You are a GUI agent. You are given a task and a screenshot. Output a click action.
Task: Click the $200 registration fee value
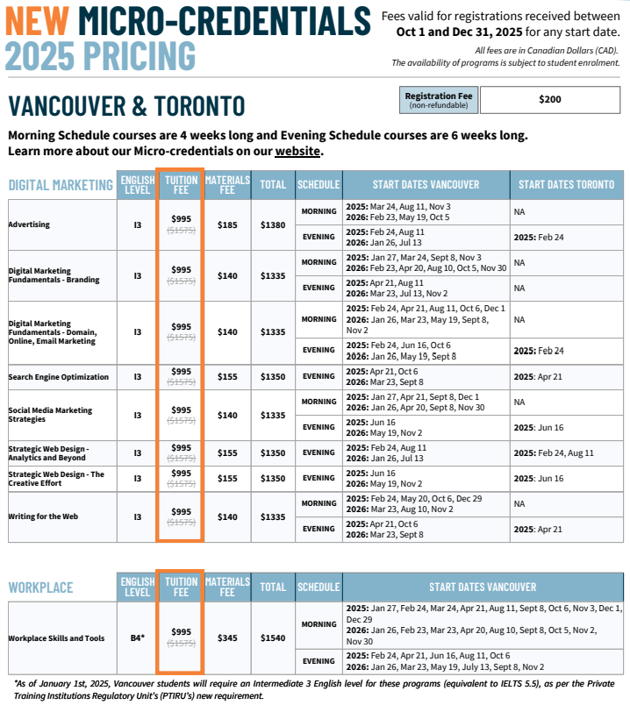click(549, 100)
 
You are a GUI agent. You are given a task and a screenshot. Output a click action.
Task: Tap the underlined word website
click(297, 151)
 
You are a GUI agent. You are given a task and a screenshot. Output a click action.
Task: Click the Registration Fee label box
click(438, 100)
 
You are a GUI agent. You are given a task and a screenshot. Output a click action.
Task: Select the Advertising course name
click(29, 224)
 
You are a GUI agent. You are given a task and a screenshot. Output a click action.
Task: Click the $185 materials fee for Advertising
click(227, 224)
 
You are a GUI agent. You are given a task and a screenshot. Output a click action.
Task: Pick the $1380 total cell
click(273, 224)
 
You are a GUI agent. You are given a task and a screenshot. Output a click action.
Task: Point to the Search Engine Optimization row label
click(59, 377)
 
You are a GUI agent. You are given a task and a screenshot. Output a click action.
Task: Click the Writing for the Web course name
click(43, 516)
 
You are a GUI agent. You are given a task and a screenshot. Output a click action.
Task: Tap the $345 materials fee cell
click(227, 637)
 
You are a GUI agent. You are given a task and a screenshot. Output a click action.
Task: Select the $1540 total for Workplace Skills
click(273, 637)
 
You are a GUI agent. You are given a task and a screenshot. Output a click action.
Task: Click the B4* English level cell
click(137, 637)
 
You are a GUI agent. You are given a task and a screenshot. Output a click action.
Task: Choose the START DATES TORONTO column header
click(566, 184)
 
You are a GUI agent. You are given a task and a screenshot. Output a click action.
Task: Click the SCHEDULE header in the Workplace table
click(318, 587)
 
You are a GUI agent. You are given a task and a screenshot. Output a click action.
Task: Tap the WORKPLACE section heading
click(40, 587)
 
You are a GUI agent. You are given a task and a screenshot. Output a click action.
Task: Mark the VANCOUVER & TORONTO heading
click(126, 106)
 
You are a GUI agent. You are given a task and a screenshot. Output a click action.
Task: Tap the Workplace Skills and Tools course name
click(56, 637)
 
